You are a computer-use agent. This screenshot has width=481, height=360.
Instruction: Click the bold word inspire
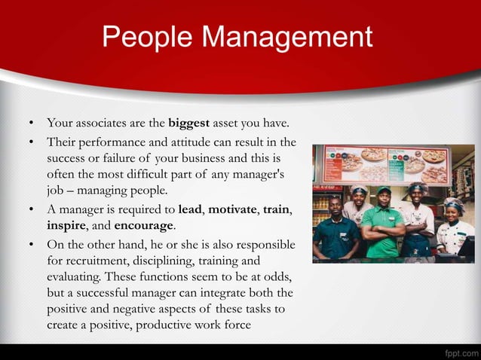(x=66, y=225)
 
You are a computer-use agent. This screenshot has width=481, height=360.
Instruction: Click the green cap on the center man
(x=383, y=190)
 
